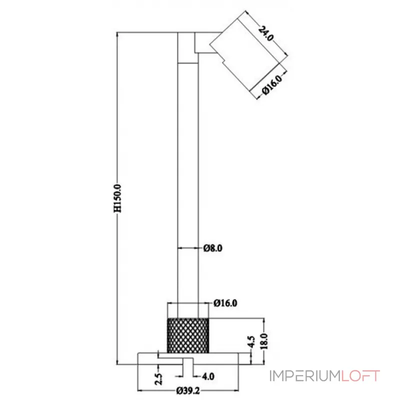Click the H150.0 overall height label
point(118,198)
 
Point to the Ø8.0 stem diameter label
point(212,247)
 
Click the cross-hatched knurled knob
point(187,335)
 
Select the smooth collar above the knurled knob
point(187,310)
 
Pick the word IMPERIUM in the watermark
point(305,375)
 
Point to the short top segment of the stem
point(187,47)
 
